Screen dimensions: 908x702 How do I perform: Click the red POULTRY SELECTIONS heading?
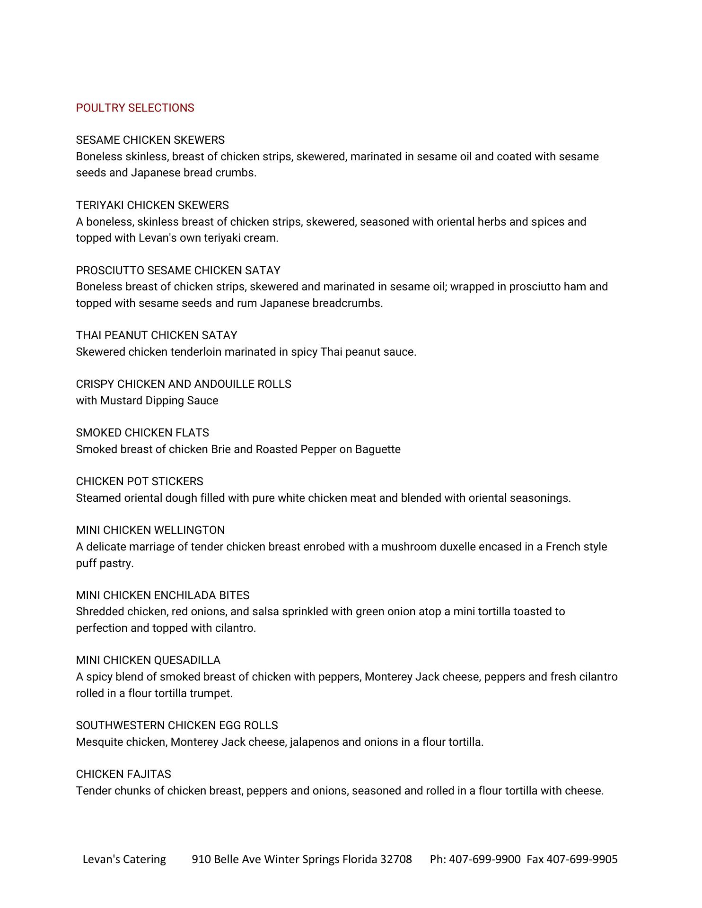[135, 108]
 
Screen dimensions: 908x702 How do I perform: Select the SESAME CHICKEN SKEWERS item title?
[150, 140]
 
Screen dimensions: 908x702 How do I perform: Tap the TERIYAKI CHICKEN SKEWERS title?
[152, 205]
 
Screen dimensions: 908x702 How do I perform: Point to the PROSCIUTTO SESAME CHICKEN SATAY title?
[178, 271]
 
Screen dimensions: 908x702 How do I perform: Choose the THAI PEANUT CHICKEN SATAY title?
[156, 335]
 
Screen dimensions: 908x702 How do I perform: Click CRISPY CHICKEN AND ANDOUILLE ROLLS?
[183, 384]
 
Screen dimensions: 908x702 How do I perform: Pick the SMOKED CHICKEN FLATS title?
[142, 433]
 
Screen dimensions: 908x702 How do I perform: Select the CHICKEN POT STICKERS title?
[139, 481]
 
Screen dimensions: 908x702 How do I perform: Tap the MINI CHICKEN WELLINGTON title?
[150, 530]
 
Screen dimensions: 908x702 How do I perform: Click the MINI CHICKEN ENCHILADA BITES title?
[162, 595]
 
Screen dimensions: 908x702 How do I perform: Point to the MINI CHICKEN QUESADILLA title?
[148, 660]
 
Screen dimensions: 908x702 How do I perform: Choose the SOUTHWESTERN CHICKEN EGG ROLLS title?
[176, 725]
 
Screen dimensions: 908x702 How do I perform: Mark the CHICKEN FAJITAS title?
[123, 774]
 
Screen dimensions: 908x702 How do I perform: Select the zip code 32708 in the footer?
[396, 859]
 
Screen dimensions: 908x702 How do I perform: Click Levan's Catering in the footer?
[124, 859]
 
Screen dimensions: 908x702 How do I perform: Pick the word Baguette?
[377, 449]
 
